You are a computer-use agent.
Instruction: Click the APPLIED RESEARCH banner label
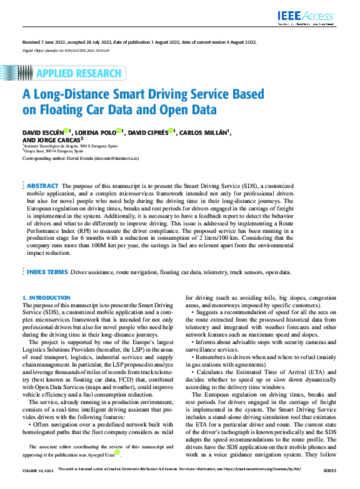click(x=78, y=73)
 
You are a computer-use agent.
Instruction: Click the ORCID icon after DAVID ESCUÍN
click(x=66, y=132)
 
